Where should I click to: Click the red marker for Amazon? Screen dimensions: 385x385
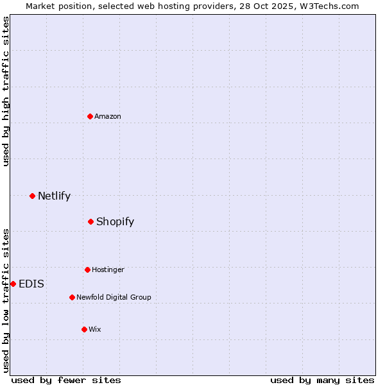coord(90,116)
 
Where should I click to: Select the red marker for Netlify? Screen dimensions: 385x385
coord(32,196)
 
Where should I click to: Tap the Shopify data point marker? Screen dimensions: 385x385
coord(91,221)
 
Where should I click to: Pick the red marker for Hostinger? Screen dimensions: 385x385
coord(87,269)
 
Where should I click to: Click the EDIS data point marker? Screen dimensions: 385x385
coord(13,284)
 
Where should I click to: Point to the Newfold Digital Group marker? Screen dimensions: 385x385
coord(72,297)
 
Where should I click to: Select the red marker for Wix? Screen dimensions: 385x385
coord(84,329)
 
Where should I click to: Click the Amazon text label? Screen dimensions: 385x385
coord(108,116)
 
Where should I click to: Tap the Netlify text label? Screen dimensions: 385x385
coord(54,196)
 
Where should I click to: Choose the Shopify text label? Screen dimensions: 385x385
coord(115,221)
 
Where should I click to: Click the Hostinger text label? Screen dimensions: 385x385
coord(108,269)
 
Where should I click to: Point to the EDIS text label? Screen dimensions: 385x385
coord(31,284)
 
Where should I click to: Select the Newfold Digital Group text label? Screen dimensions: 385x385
coord(114,297)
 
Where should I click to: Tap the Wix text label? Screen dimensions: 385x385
coord(95,329)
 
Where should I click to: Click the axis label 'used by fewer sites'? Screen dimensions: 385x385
coord(66,380)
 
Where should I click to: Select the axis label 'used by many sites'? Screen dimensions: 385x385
coord(322,380)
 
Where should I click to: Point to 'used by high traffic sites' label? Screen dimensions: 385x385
coord(6,91)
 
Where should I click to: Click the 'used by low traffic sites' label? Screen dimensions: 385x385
coord(6,300)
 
